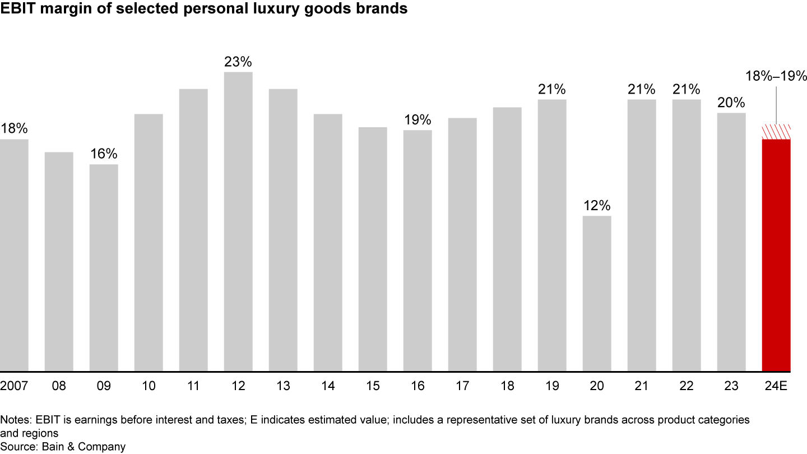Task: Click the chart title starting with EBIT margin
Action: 203,10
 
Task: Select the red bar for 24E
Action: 776,255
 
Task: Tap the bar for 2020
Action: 597,293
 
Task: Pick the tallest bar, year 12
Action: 238,221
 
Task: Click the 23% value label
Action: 238,62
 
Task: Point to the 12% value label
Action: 597,206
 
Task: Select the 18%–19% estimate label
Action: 776,76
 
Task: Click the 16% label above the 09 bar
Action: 104,154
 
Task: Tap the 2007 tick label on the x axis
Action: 14,386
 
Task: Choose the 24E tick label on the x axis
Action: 776,386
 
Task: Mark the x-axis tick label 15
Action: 373,386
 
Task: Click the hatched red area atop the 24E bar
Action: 776,132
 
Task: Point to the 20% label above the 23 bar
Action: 731,103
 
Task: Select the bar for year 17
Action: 462,244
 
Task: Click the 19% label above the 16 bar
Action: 418,120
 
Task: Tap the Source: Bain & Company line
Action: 63,447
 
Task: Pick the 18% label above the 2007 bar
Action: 14,129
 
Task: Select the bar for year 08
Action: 59,261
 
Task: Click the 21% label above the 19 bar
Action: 552,89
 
